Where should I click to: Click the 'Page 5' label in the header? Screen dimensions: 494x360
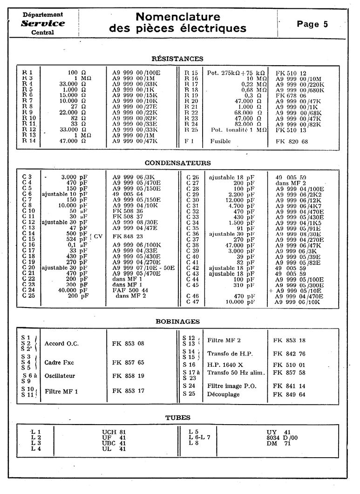pyautogui.click(x=312, y=24)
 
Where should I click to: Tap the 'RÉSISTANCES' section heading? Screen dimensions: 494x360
pyautogui.click(x=177, y=59)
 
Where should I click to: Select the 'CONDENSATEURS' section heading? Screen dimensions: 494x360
pyautogui.click(x=177, y=163)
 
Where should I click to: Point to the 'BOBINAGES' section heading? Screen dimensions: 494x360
pyautogui.click(x=177, y=321)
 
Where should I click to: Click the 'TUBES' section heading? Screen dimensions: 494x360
pyautogui.click(x=178, y=418)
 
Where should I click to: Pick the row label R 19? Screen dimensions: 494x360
pyautogui.click(x=191, y=95)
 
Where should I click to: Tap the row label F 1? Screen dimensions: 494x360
pyautogui.click(x=189, y=141)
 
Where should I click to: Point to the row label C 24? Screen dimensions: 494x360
pyautogui.click(x=28, y=290)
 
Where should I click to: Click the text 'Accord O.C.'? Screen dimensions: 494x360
pyautogui.click(x=61, y=343)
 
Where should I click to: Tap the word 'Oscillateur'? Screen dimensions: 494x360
pyautogui.click(x=60, y=376)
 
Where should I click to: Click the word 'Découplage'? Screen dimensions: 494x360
pyautogui.click(x=224, y=395)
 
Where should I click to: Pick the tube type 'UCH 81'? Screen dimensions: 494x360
pyautogui.click(x=114, y=432)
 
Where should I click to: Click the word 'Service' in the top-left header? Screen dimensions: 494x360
pyautogui.click(x=43, y=23)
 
